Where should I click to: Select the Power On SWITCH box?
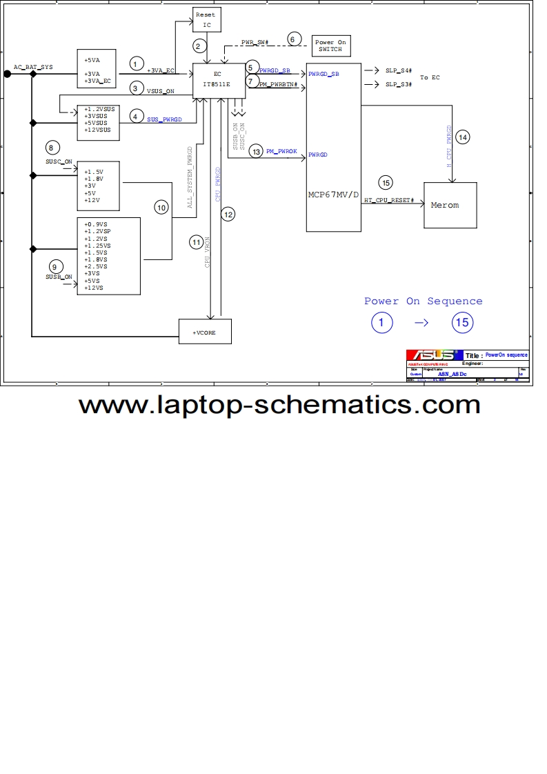[x=331, y=46]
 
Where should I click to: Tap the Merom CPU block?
[x=450, y=205]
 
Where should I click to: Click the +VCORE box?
[x=205, y=332]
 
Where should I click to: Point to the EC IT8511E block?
[x=217, y=79]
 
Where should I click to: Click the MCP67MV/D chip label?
[x=333, y=195]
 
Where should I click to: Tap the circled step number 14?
[x=462, y=137]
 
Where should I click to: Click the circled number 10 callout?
[x=161, y=207]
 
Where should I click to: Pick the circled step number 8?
[x=51, y=147]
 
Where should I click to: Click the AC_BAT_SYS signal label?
[x=33, y=67]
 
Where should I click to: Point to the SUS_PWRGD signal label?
[x=164, y=119]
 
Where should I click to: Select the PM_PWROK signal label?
[x=281, y=150]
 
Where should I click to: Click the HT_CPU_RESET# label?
[x=389, y=200]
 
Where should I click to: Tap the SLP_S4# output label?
[x=399, y=70]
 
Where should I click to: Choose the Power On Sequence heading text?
[x=423, y=301]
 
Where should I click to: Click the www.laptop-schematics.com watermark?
[x=279, y=404]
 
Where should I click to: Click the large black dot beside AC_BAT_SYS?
[x=8, y=73]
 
